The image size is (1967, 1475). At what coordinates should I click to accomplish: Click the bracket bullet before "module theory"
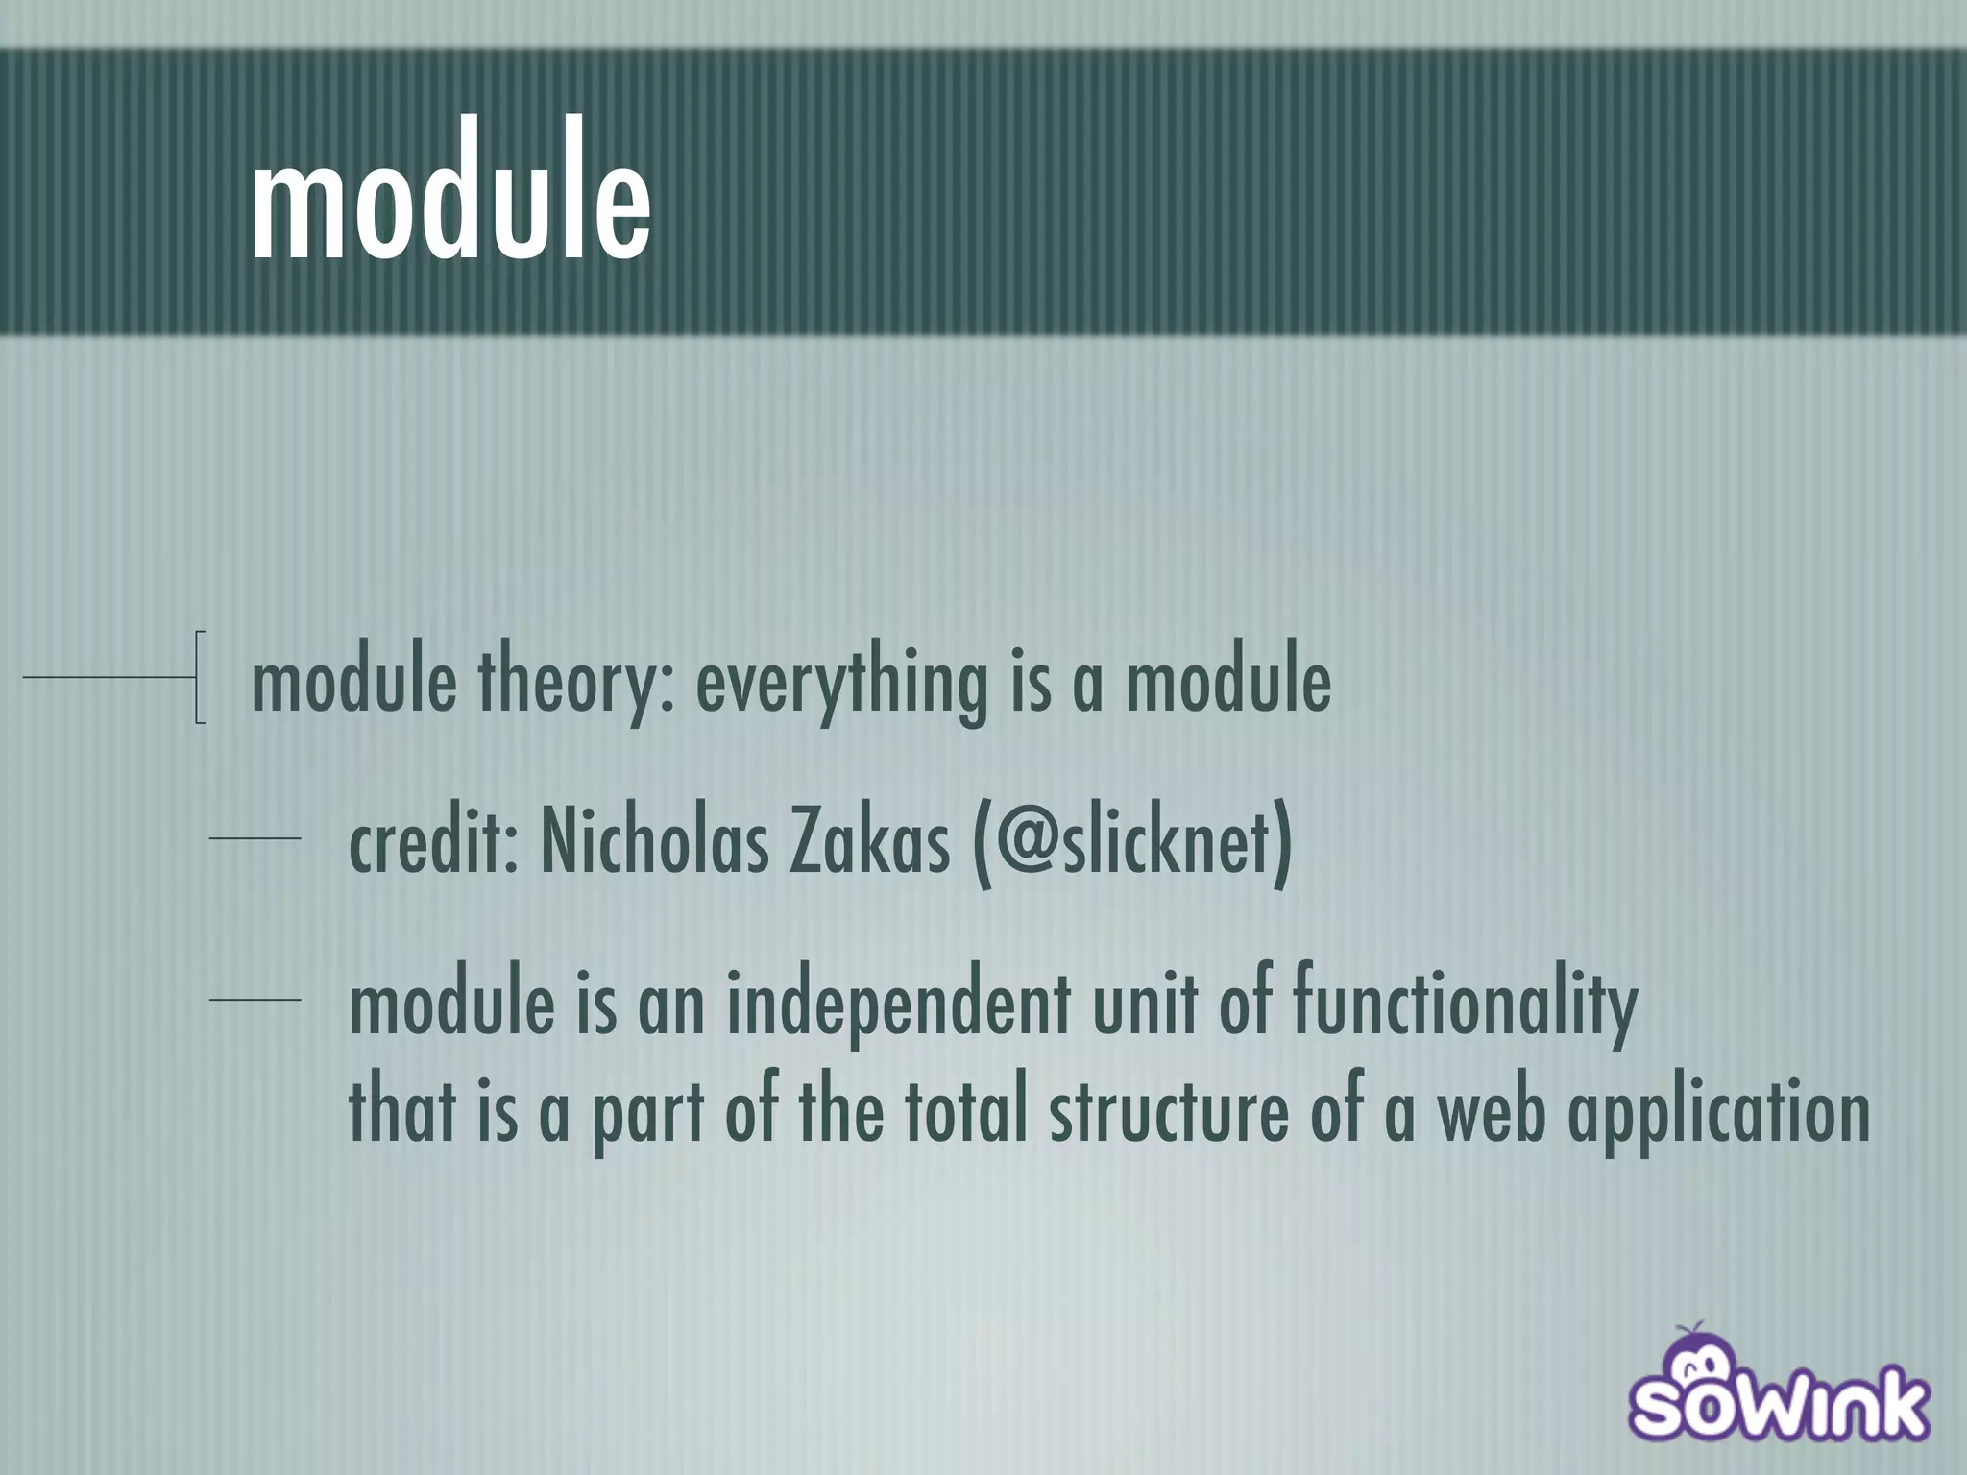tap(199, 677)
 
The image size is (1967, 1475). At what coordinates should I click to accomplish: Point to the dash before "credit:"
tap(255, 839)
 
